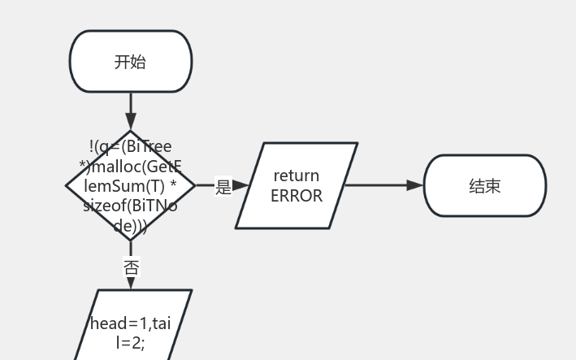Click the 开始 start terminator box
tap(131, 62)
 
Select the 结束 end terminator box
tap(485, 186)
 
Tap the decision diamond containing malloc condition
tap(131, 186)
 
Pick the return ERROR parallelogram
tap(297, 186)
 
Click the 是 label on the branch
tap(223, 186)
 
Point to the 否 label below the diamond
tap(131, 267)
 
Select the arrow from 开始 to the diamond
tap(131, 110)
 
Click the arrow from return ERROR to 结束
tap(382, 185)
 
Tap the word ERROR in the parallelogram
tap(297, 196)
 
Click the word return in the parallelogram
tap(297, 176)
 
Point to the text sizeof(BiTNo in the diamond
tap(130, 206)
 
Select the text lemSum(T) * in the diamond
tap(131, 187)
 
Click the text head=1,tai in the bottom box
tap(131, 323)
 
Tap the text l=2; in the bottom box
tap(131, 342)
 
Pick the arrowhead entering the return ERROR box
tap(241, 186)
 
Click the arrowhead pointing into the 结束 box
tap(415, 185)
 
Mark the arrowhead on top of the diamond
tap(131, 124)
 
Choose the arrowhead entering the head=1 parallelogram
tap(131, 283)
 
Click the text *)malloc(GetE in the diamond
tap(131, 167)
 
